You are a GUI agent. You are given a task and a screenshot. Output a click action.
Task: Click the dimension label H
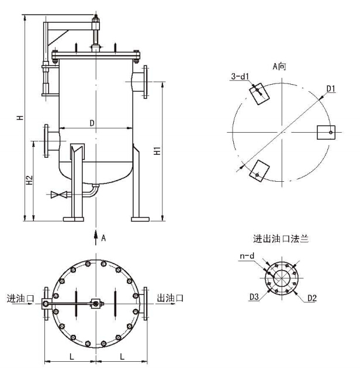click(x=20, y=117)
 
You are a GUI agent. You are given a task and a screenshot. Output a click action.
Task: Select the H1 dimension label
click(x=157, y=151)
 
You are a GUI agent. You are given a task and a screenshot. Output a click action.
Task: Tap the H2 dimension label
click(x=29, y=180)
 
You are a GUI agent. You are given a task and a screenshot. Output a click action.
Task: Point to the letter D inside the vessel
click(x=92, y=123)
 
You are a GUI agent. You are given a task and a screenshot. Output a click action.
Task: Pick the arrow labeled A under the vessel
click(x=96, y=237)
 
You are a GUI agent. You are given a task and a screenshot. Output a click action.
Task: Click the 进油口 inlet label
click(x=20, y=298)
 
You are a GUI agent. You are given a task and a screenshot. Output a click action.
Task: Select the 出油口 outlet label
click(x=170, y=298)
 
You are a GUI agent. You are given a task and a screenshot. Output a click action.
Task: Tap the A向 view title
click(x=279, y=66)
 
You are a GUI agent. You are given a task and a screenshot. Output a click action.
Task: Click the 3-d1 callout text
click(x=240, y=77)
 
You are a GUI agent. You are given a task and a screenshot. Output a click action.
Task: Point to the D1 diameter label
click(x=331, y=89)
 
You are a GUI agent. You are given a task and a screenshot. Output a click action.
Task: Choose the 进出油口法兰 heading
click(x=281, y=238)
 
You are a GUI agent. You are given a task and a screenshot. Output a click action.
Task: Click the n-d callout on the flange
click(x=247, y=256)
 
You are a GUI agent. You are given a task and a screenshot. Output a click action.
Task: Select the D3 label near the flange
click(x=254, y=297)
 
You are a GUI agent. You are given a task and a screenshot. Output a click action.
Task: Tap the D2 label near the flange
click(x=312, y=298)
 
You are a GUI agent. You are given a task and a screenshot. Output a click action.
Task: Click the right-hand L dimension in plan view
click(x=122, y=357)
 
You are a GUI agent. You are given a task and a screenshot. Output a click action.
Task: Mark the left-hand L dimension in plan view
click(x=71, y=357)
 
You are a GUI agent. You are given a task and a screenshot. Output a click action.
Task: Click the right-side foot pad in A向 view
click(x=326, y=133)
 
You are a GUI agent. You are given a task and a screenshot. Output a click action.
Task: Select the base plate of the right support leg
click(x=140, y=219)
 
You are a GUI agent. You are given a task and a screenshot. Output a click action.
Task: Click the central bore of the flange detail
click(x=282, y=278)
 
